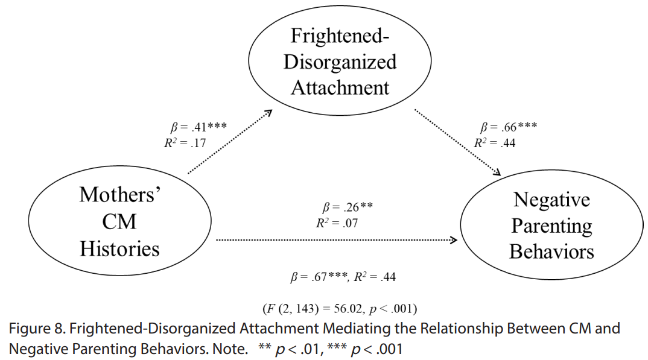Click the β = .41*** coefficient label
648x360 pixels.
(199, 127)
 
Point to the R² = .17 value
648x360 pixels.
(185, 143)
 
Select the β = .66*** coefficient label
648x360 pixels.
(509, 127)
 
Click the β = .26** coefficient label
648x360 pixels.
(348, 206)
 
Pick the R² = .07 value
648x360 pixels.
(337, 223)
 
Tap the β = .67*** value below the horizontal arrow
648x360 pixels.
(319, 277)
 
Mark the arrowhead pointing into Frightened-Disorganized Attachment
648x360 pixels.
(268, 112)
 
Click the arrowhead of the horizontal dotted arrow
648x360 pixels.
(454, 240)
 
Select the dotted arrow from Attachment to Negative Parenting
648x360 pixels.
(457, 142)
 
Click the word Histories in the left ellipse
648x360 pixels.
(120, 249)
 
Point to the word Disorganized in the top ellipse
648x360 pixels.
(340, 62)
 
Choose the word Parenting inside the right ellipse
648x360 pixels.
(551, 226)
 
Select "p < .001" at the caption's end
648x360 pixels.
(376, 350)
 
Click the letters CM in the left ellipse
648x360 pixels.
(119, 222)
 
